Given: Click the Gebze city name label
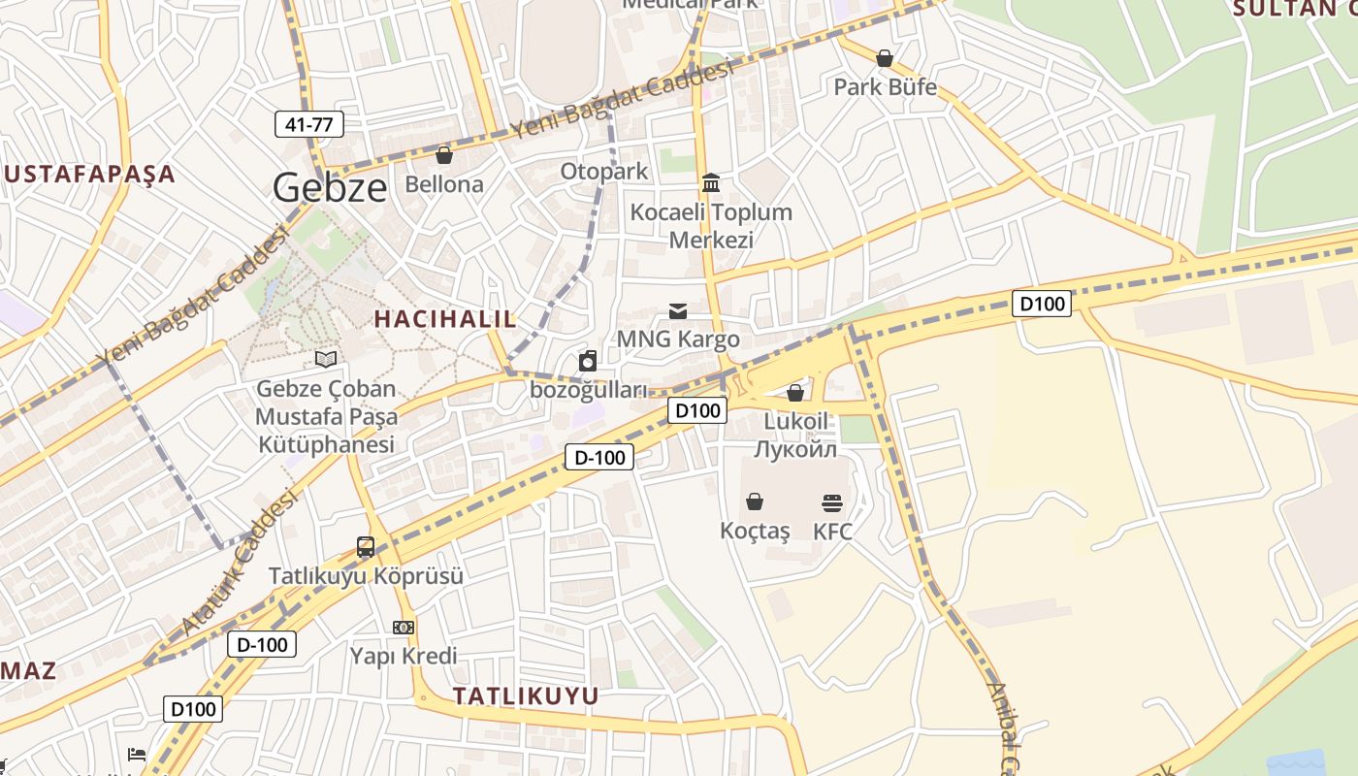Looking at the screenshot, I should pos(330,187).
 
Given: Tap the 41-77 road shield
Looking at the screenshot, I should pos(309,124).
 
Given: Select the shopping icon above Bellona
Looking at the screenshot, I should pos(444,155).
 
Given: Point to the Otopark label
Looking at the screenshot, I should pos(603,172).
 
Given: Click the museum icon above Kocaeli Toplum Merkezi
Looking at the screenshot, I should pos(711,182).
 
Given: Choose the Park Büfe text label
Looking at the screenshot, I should pos(885,87).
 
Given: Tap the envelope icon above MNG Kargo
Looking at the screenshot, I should pos(678,310).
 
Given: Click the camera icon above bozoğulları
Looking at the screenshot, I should pos(588,362).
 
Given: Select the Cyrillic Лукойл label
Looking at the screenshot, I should pos(795,449).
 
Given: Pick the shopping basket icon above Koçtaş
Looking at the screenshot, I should pos(755,501).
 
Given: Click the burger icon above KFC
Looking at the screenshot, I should pos(832,502).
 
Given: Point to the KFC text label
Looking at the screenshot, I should pos(832,531).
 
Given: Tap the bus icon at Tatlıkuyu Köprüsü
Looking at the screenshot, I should pos(366,547).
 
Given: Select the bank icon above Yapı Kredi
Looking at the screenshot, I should pos(404,628).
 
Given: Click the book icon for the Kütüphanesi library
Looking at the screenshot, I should pos(326,360).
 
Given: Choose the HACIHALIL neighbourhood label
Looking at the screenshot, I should pos(445,318).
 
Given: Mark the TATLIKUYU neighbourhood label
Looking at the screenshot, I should pos(526,695).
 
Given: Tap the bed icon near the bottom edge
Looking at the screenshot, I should pos(137,755).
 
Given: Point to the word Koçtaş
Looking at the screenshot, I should pos(755,531).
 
